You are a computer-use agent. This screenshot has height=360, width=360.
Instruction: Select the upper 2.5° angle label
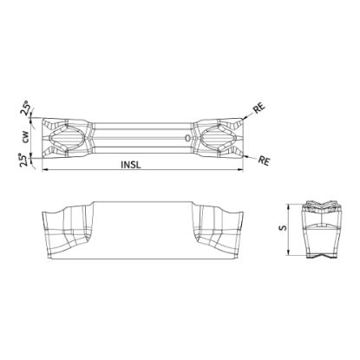pos(25,110)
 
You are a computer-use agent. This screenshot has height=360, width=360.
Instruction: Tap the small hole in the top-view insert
pos(185,138)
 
